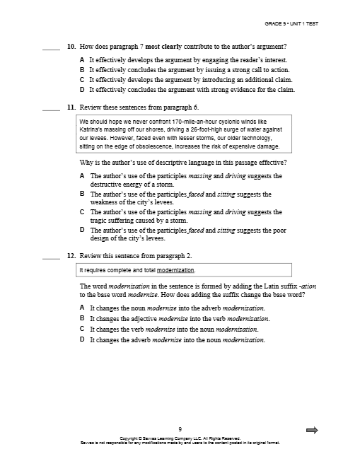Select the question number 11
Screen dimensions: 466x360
pyautogui.click(x=71, y=107)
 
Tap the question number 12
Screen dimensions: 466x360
pyautogui.click(x=71, y=255)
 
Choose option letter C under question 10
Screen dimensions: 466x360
pyautogui.click(x=82, y=80)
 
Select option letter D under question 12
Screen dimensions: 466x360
pyautogui.click(x=82, y=340)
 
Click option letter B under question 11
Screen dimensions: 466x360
pyautogui.click(x=82, y=193)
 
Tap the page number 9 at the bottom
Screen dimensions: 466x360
pyautogui.click(x=180, y=429)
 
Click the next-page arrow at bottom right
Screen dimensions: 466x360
pyautogui.click(x=311, y=429)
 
